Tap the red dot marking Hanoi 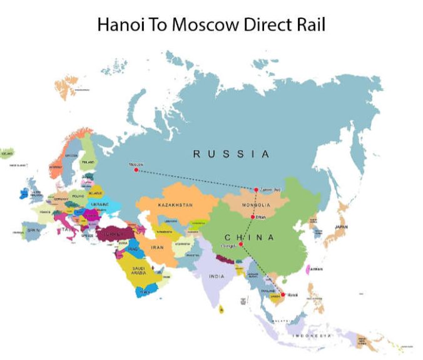(283, 294)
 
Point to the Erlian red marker (253, 217)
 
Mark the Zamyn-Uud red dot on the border (256, 190)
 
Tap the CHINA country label (249, 237)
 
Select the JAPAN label (340, 227)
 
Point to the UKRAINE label (100, 205)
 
